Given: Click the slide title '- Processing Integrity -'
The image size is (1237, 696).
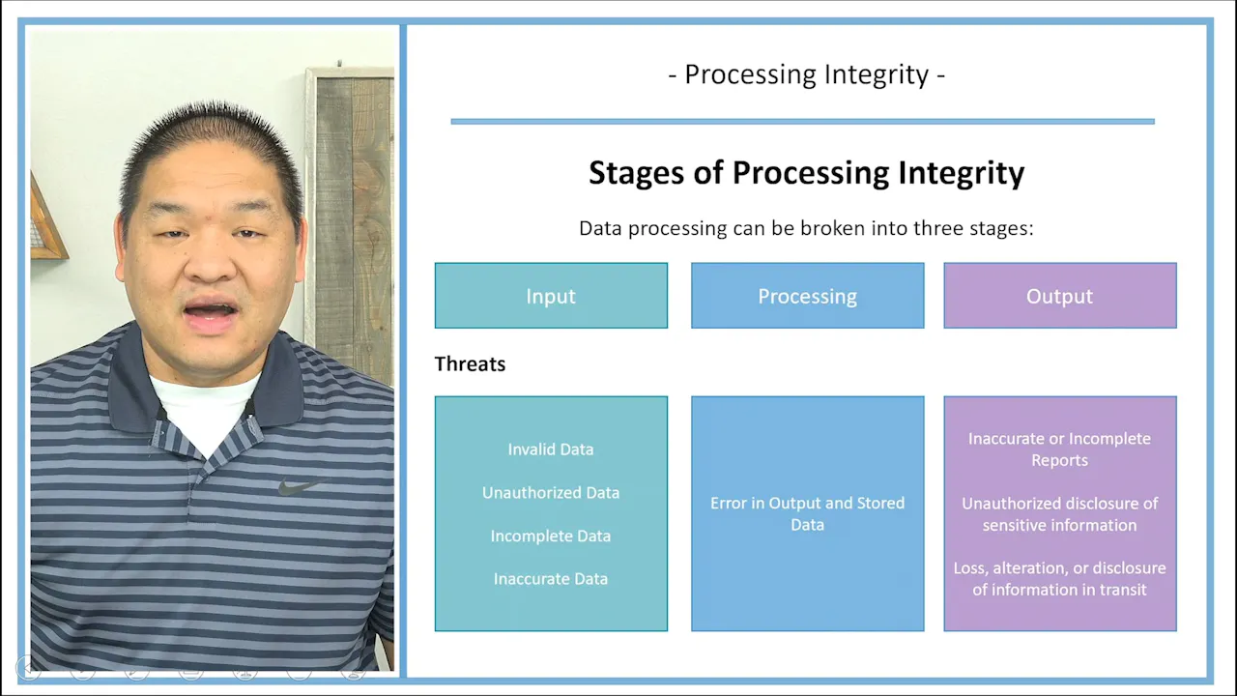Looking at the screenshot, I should (x=806, y=74).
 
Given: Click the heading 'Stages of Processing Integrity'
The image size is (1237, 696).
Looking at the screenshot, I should (x=806, y=173).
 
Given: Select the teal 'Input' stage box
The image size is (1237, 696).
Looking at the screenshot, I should (x=551, y=296).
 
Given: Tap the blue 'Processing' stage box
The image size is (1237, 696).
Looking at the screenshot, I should (x=807, y=296).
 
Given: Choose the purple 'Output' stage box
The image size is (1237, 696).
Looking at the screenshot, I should (x=1059, y=296).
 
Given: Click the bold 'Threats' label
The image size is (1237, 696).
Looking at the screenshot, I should (x=470, y=364).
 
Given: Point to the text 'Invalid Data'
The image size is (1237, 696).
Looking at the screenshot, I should (x=551, y=449).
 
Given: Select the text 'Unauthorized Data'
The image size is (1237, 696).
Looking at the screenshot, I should (x=551, y=493).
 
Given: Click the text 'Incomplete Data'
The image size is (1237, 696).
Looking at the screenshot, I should (x=551, y=536).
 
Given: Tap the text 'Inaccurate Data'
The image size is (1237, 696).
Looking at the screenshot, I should (x=551, y=579).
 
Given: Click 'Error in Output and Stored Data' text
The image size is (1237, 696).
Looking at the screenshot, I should (x=807, y=513).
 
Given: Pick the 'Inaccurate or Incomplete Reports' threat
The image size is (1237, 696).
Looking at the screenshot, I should (x=1059, y=449).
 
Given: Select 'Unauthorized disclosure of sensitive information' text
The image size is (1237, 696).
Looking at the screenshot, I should (x=1059, y=514).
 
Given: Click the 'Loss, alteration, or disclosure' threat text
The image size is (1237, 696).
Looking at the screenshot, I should (x=1059, y=578).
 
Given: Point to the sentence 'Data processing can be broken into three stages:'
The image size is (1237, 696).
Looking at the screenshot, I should (x=806, y=229).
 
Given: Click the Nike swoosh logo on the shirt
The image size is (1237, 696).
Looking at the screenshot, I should (x=299, y=487).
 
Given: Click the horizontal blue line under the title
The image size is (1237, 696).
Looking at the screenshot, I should (x=802, y=122).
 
